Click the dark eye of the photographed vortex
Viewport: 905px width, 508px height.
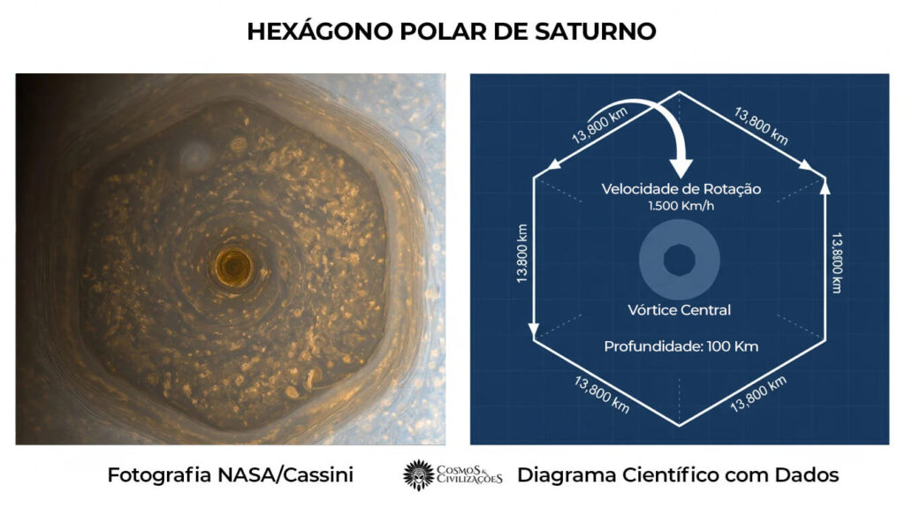(235, 263)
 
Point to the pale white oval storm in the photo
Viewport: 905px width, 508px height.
(194, 156)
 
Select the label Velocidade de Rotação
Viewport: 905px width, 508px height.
(681, 189)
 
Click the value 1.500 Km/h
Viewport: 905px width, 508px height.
(681, 207)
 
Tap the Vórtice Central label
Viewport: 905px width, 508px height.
(680, 310)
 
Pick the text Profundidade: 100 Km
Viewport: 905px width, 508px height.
(681, 346)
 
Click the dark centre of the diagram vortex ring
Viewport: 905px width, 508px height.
(680, 261)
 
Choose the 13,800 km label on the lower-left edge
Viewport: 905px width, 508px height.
(602, 394)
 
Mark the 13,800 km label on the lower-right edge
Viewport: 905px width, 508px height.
(759, 393)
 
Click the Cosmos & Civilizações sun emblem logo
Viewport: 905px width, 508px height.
(418, 474)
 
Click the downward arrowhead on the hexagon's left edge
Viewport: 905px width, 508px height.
(534, 330)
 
